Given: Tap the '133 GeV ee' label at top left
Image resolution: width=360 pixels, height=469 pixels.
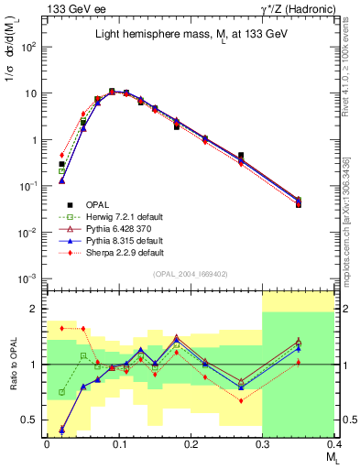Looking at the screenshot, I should click(71, 8).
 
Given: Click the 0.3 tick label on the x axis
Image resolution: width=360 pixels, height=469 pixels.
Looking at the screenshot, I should click(263, 445).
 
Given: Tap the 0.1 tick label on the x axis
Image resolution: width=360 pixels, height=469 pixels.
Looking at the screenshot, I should click(118, 445).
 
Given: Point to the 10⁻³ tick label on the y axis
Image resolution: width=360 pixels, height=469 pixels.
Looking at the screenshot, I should click(31, 278).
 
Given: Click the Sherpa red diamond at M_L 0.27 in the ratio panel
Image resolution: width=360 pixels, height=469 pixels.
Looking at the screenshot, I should click(241, 400).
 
